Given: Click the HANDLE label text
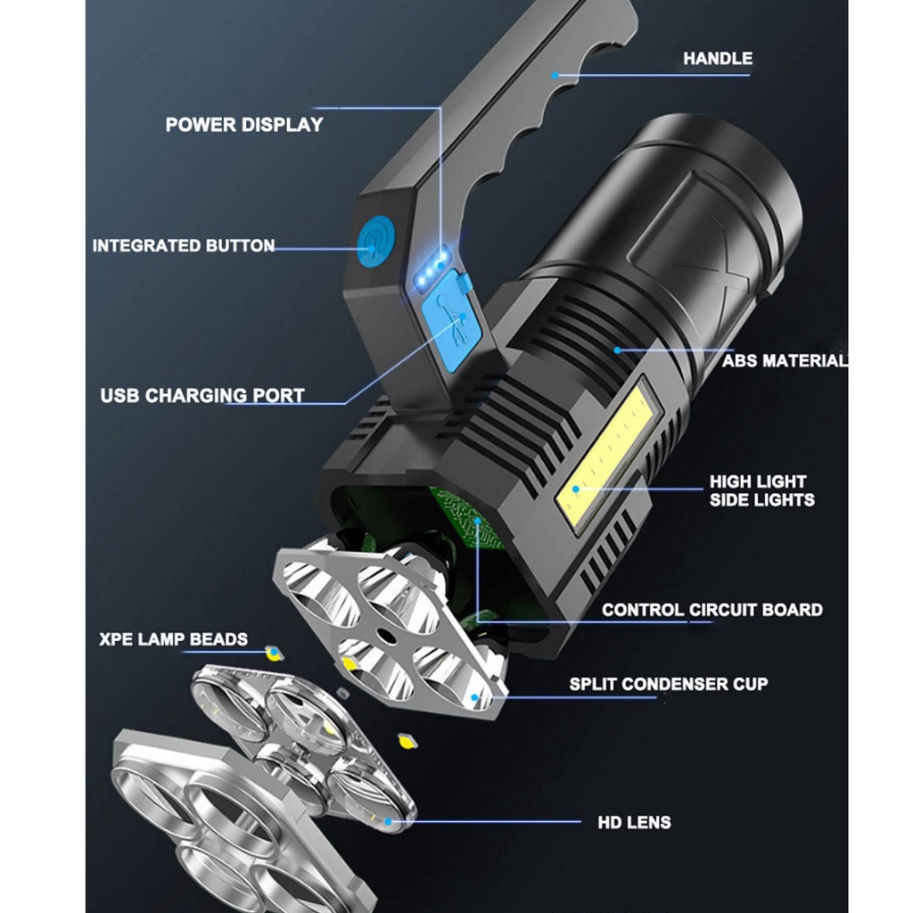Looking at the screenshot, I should [x=717, y=59].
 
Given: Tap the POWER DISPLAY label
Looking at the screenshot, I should [x=243, y=125].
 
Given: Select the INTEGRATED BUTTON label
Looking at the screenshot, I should [x=183, y=245].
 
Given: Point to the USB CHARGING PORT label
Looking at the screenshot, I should [x=202, y=394].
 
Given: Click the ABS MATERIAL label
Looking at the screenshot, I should [x=784, y=361].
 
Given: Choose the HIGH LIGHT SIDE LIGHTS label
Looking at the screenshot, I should [x=761, y=490].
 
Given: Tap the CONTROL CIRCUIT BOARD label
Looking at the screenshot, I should [x=711, y=610].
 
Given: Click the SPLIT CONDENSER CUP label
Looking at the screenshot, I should [x=668, y=684].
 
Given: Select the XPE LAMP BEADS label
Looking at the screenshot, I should [x=173, y=639].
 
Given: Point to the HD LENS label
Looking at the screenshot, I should [x=634, y=822].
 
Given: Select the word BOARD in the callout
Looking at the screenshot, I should [x=793, y=610].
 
